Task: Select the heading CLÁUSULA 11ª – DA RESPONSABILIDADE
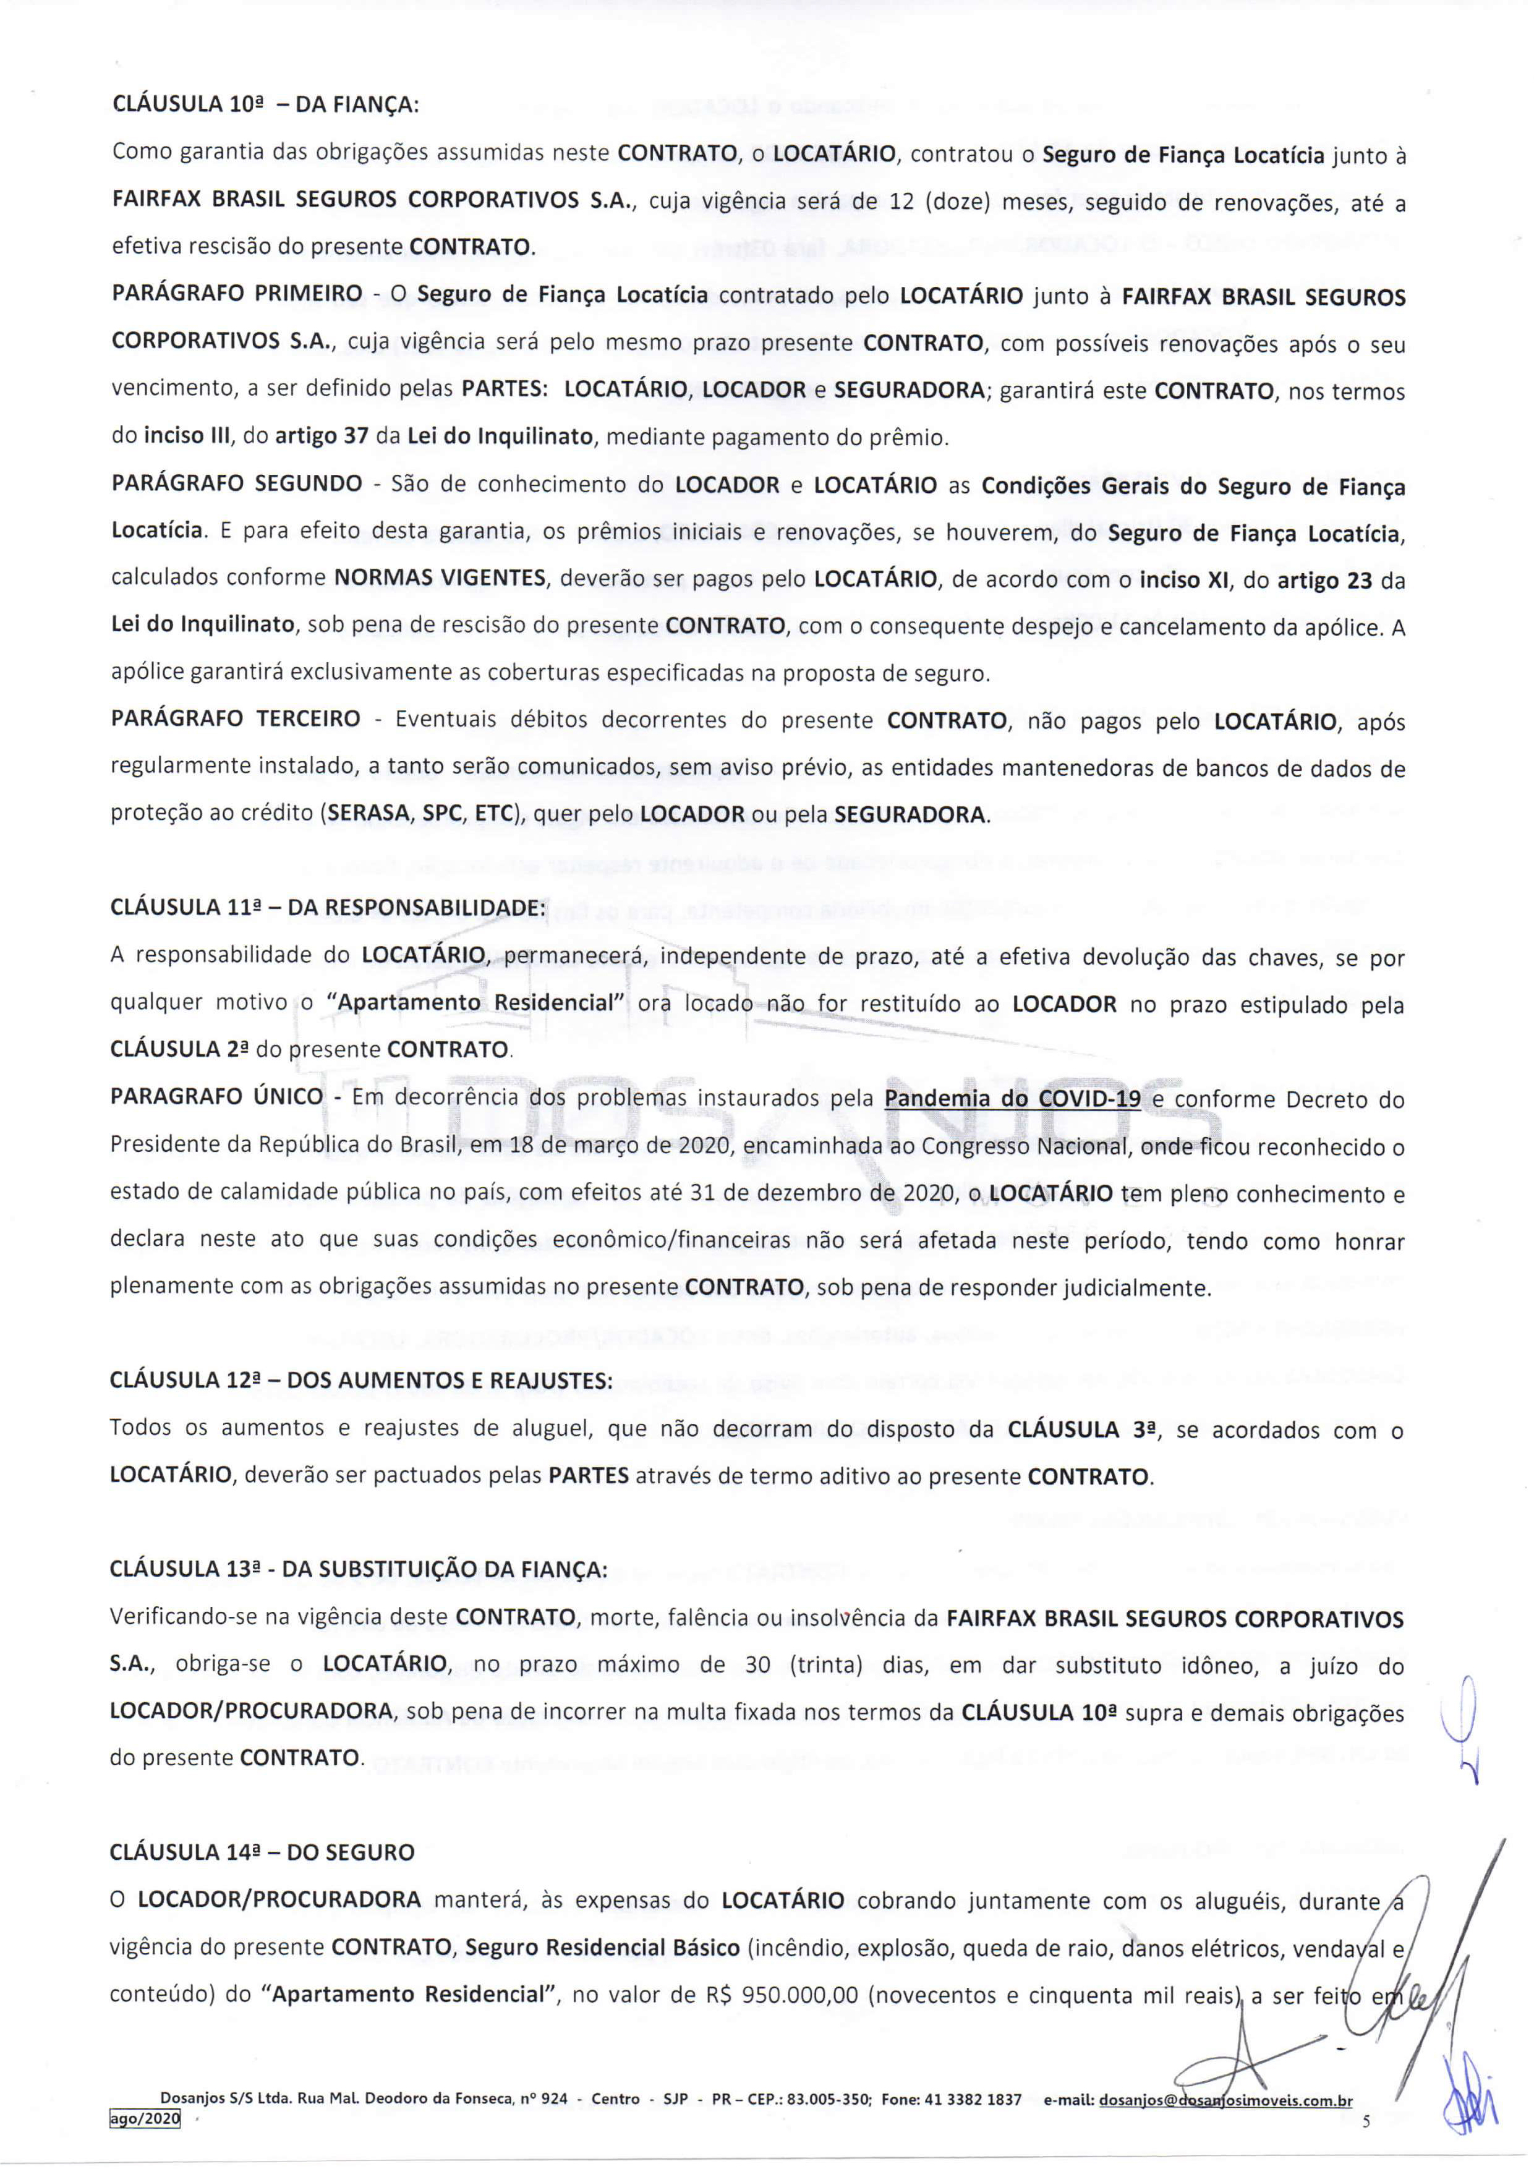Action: click(328, 908)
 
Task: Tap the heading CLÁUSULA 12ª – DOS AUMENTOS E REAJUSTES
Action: click(361, 1380)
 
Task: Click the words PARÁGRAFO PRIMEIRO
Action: click(236, 296)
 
